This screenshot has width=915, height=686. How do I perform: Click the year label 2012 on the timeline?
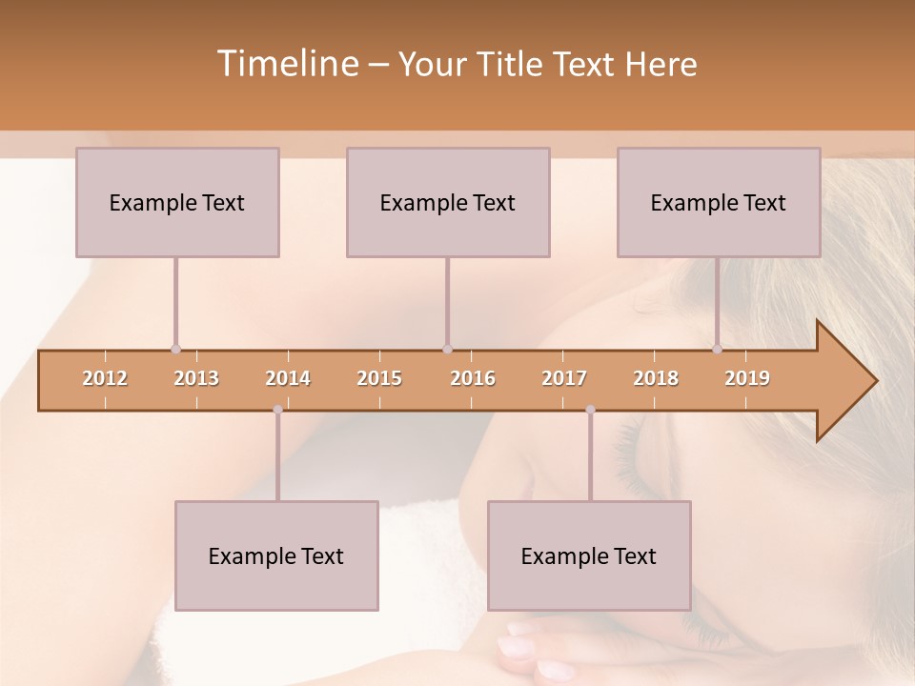pyautogui.click(x=105, y=378)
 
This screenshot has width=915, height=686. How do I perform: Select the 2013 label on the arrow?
pyautogui.click(x=196, y=378)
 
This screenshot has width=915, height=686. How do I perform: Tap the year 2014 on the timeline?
pyautogui.click(x=288, y=378)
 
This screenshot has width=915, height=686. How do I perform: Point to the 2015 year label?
pyautogui.click(x=379, y=378)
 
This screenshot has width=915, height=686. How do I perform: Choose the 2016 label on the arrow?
pyautogui.click(x=473, y=378)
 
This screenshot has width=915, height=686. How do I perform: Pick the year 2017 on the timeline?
pyautogui.click(x=564, y=378)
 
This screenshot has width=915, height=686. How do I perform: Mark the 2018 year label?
pyautogui.click(x=656, y=378)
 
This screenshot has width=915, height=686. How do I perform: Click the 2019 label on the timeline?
pyautogui.click(x=747, y=378)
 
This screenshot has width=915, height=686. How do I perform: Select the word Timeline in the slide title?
pyautogui.click(x=286, y=64)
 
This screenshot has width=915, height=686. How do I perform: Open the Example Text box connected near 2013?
pyautogui.click(x=177, y=202)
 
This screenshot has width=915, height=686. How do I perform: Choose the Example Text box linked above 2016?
pyautogui.click(x=448, y=202)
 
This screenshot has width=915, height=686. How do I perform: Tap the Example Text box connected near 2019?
pyautogui.click(x=719, y=202)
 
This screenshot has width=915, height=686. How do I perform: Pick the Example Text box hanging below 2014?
pyautogui.click(x=276, y=555)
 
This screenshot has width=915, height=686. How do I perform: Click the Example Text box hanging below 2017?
pyautogui.click(x=589, y=555)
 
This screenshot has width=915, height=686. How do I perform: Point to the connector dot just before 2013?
pyautogui.click(x=175, y=350)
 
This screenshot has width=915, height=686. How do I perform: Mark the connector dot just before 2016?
pyautogui.click(x=447, y=350)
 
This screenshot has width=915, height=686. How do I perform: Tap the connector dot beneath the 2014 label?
pyautogui.click(x=277, y=410)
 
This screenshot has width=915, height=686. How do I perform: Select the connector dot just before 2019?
pyautogui.click(x=717, y=350)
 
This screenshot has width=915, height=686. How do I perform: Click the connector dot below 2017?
pyautogui.click(x=590, y=410)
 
